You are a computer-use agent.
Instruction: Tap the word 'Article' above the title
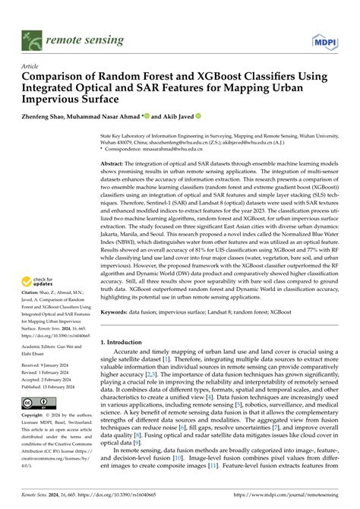[x=30, y=66]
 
